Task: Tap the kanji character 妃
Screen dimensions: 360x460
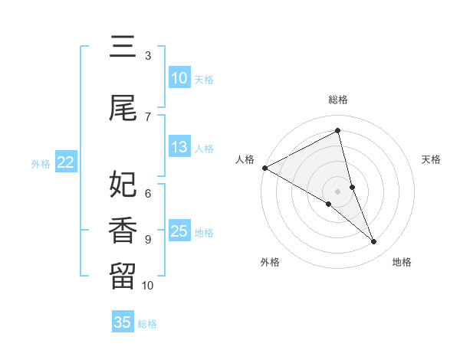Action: [x=123, y=185]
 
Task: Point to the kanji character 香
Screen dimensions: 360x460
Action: [x=123, y=231]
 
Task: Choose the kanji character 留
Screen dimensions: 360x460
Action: [x=123, y=277]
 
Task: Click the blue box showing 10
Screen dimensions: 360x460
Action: [x=179, y=78]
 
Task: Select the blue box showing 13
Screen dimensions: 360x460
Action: [x=179, y=148]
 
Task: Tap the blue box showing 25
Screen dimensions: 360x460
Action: [x=179, y=232]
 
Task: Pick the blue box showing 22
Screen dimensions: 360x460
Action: [x=66, y=162]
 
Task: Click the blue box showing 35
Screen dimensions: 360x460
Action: [x=123, y=322]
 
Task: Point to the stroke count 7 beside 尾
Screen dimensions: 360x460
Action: [x=148, y=116]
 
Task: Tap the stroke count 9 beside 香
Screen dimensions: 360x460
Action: [x=148, y=239]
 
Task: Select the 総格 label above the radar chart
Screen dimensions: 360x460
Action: [x=338, y=100]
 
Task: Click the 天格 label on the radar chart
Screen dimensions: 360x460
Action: [x=432, y=159]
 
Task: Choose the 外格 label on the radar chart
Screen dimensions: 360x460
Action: [x=270, y=262]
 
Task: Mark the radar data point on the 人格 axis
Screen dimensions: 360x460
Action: [x=264, y=167]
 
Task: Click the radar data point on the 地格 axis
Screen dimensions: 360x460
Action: [x=374, y=241]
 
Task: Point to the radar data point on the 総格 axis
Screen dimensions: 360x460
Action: [x=338, y=131]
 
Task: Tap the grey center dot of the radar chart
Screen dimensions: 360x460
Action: [x=338, y=191]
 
